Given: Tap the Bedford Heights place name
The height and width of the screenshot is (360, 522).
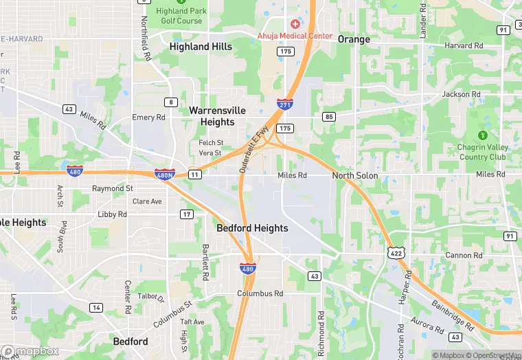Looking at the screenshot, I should tap(252, 227).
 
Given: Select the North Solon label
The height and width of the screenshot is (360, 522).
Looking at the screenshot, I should tap(355, 176).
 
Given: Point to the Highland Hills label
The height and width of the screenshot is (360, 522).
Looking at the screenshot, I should tap(201, 47).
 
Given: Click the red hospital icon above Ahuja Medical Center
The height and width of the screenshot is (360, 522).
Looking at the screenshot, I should tap(295, 24).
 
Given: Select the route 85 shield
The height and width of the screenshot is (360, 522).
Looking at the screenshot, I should tap(329, 117).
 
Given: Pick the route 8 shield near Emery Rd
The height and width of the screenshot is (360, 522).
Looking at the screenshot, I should tap(170, 102).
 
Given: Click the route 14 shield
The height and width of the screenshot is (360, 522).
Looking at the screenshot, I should tap(96, 307).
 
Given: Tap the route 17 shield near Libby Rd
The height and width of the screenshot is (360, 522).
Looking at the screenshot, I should tap(187, 214).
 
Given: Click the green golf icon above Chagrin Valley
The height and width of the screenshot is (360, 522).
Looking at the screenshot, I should tap(483, 134).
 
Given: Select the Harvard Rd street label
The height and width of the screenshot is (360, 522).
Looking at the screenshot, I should tap(464, 45).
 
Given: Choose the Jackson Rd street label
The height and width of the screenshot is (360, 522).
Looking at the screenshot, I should tap(462, 94).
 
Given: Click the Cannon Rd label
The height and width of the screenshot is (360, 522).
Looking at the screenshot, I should tap(459, 255).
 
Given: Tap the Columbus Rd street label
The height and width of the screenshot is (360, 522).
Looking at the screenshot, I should tap(260, 293).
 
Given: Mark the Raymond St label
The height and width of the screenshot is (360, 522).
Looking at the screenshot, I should tap(113, 188).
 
